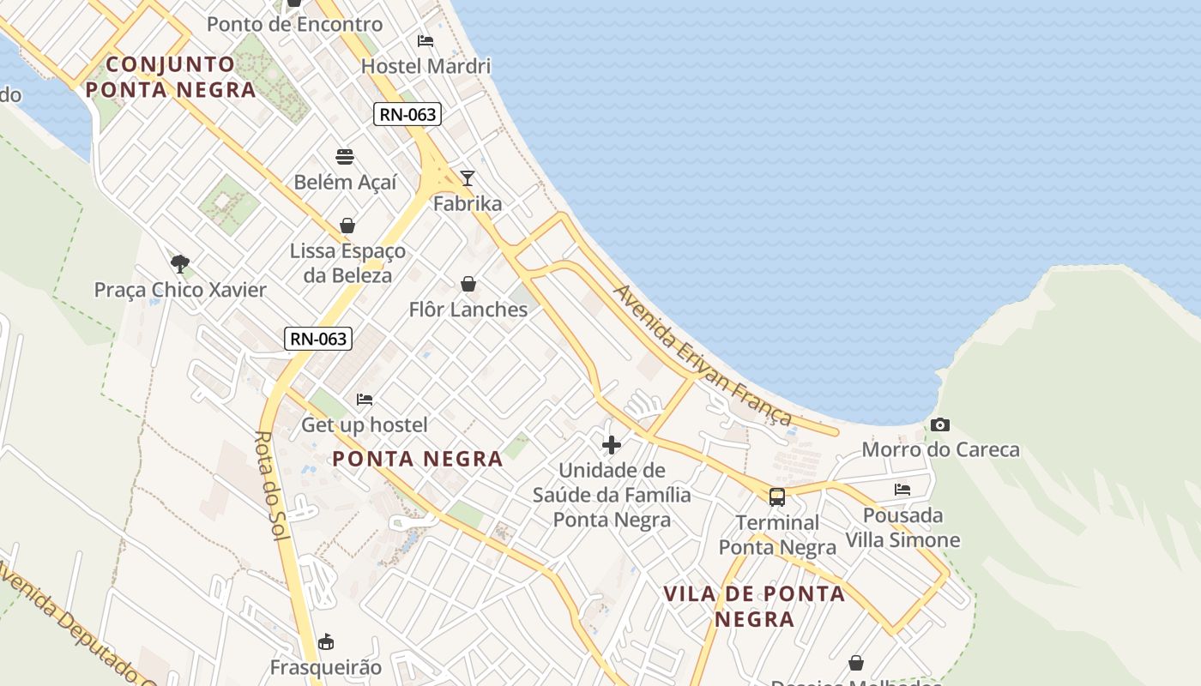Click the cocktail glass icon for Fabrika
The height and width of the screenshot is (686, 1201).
467,178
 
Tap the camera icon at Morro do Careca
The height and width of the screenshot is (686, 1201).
939,424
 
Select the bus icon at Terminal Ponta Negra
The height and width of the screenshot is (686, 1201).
776,497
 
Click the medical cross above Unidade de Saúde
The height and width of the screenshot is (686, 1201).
612,445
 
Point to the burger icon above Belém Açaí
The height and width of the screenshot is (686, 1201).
345,157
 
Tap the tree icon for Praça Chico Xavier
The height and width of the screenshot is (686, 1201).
180,264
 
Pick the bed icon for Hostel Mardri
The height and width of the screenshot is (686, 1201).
425,40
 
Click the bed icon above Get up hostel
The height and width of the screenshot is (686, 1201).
365,400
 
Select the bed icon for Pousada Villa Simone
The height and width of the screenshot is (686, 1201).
902,490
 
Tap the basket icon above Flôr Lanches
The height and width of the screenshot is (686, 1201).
468,284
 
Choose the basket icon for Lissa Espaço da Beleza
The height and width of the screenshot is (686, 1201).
347,226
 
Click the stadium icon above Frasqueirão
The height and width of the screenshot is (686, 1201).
326,641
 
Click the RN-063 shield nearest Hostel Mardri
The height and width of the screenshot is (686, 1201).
407,114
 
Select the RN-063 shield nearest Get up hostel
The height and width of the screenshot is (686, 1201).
318,339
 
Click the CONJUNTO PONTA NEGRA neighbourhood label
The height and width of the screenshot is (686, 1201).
171,76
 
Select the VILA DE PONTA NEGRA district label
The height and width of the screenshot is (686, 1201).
754,606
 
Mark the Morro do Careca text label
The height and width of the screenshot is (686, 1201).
940,449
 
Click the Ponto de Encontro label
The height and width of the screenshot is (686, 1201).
294,24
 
